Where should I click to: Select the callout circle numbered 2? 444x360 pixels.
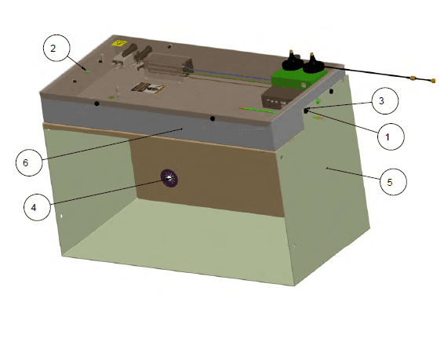53,49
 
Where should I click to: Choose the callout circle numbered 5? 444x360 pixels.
391,182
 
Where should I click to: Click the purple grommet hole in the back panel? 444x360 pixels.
168,178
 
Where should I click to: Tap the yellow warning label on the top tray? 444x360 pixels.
120,44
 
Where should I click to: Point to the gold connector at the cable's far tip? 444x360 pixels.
433,80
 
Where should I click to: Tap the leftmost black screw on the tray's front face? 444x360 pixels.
96,104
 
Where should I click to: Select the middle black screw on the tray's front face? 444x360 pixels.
213,118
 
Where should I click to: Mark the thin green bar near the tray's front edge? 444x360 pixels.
257,111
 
